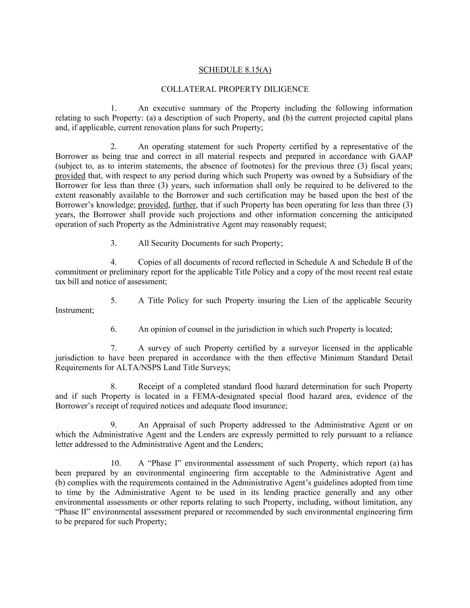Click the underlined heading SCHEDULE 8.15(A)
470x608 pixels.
[x=234, y=70]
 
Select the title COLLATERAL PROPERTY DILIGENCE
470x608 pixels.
[x=234, y=89]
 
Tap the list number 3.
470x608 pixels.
[x=114, y=243]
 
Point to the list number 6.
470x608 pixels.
[x=114, y=329]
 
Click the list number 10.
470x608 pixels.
[x=115, y=464]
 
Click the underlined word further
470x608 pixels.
[x=184, y=205]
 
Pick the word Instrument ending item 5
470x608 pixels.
[x=74, y=310]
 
